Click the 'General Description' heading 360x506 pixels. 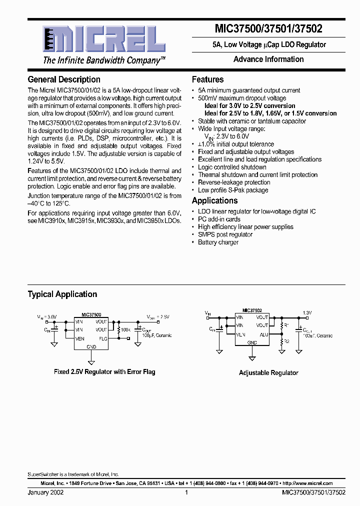pos(64,79)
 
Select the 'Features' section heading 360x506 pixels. pos(207,79)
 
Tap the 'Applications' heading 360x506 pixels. pos(215,200)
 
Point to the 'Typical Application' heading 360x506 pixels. pos(62,294)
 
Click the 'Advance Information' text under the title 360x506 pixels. pos(268,59)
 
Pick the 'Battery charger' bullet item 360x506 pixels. pos(218,242)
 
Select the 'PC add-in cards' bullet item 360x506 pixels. pos(219,219)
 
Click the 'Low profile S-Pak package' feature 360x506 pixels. pos(233,190)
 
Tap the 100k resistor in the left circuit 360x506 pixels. pos(118,330)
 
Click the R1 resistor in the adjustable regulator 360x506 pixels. pos(281,325)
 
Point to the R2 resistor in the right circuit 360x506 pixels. pos(281,342)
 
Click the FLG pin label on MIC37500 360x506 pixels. pos(103,338)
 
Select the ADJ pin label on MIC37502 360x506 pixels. pos(264,334)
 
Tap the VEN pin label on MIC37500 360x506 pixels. pos(79,338)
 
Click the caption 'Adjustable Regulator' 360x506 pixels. pos(268,372)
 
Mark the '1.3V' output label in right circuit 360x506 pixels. pos(307,312)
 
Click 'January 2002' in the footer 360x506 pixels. pos(45,492)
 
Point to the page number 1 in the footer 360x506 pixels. pos(186,492)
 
